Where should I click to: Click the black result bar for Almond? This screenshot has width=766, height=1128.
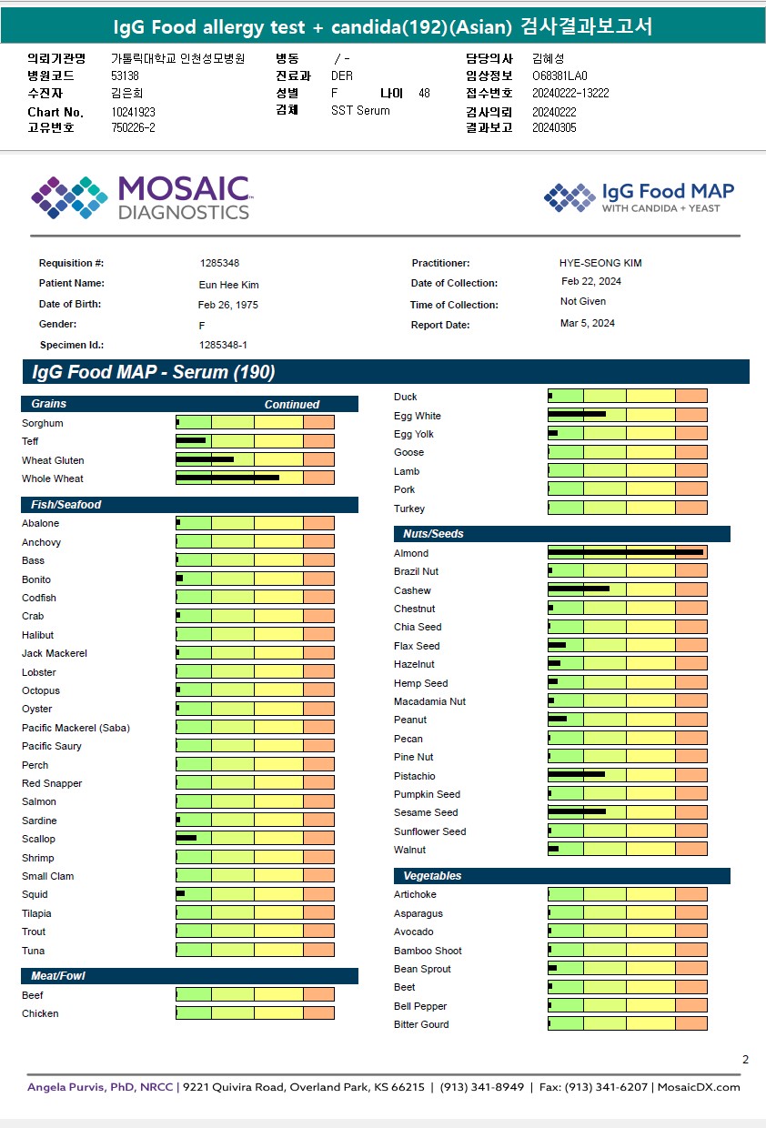(x=625, y=552)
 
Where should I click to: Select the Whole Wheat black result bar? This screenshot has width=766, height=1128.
(x=227, y=478)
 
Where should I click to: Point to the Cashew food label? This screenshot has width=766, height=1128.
(x=412, y=590)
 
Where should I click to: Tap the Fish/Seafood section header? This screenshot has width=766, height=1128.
(x=66, y=505)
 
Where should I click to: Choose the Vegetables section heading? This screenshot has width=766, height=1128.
(x=432, y=876)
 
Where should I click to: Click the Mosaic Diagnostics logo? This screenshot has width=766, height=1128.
(x=141, y=197)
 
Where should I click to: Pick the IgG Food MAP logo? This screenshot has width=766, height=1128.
(x=639, y=196)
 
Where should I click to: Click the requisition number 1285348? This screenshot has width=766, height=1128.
(x=219, y=263)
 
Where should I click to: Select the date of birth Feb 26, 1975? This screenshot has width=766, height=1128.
(x=227, y=305)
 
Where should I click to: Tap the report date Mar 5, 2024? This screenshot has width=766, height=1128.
(x=587, y=323)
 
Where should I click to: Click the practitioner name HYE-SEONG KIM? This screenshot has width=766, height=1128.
(x=600, y=263)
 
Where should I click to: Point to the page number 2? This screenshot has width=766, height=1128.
(x=745, y=1059)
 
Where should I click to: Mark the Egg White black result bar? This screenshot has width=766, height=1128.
(x=577, y=415)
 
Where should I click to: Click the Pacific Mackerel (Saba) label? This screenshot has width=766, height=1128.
(x=76, y=728)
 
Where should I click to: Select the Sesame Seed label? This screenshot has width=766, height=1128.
(x=426, y=812)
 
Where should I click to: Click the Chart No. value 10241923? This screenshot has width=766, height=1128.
(x=133, y=112)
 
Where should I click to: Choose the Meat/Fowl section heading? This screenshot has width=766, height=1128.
(x=58, y=976)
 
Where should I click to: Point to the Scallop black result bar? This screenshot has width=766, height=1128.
(x=186, y=838)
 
